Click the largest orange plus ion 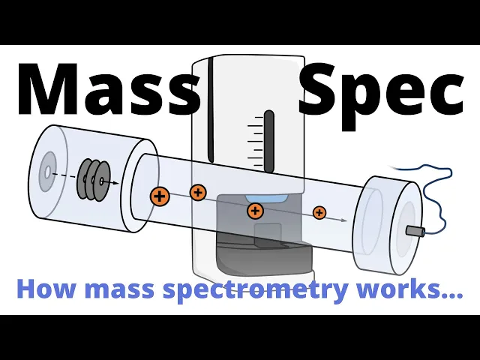tap(160, 196)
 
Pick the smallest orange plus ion tap(319, 212)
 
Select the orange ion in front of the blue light tap(255, 211)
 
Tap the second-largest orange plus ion tap(198, 192)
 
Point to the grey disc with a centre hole tap(48, 172)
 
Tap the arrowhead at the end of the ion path tap(344, 220)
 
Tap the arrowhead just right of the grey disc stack tap(114, 182)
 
